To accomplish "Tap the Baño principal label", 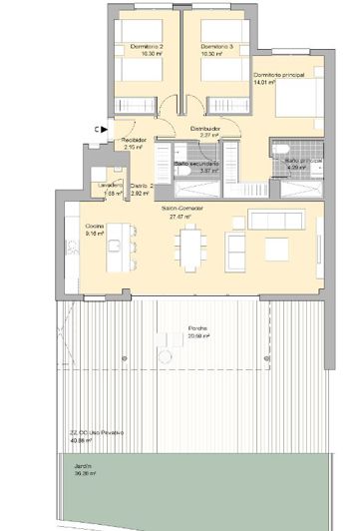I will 302,160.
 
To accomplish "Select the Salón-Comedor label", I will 180,209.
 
